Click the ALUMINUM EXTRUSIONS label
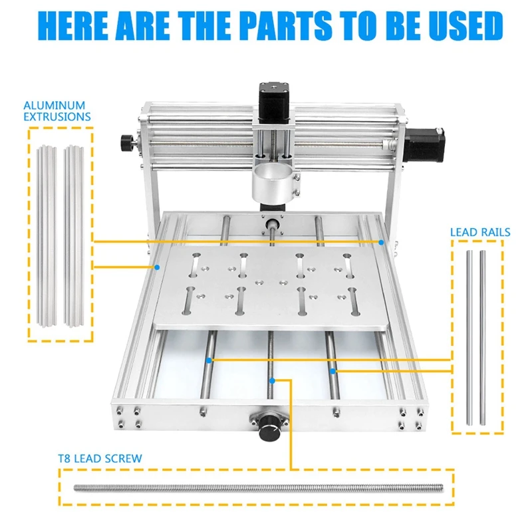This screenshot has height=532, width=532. point(57,110)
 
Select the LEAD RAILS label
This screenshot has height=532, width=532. point(479,232)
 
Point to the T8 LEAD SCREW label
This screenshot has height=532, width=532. point(100,458)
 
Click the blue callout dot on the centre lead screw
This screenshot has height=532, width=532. point(273,380)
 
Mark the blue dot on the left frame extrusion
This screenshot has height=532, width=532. point(157,267)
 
